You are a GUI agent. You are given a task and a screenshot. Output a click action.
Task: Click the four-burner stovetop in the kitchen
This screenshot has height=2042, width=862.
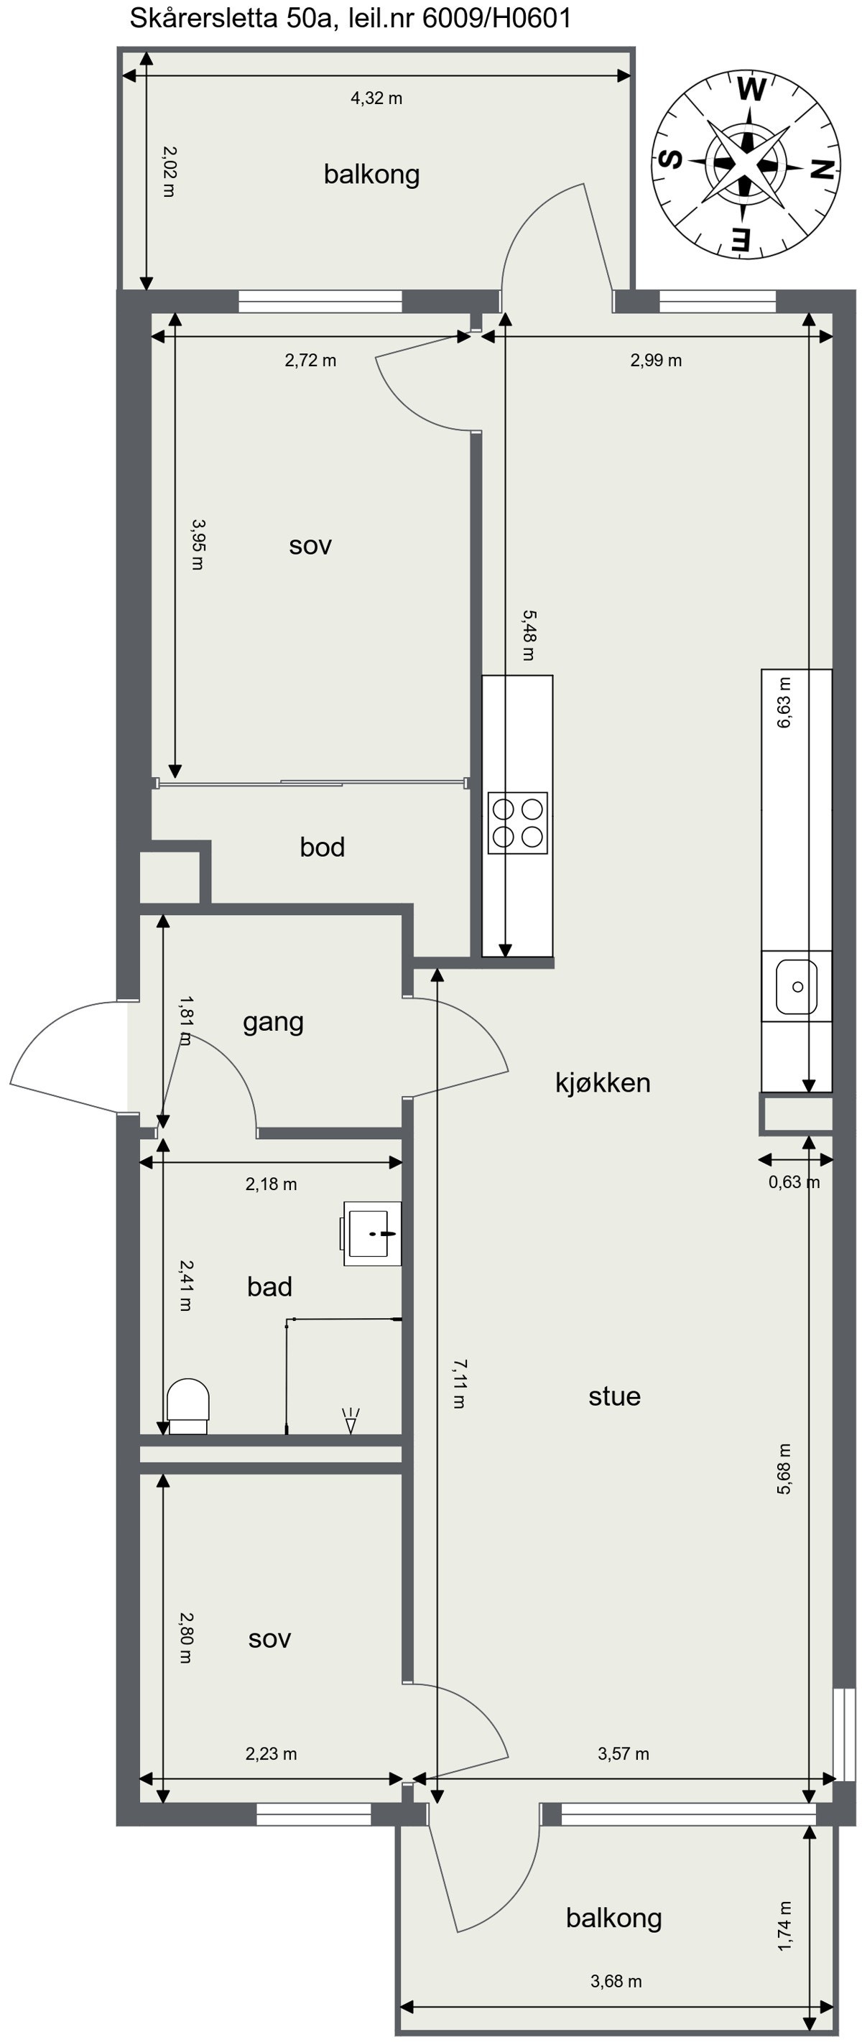(x=517, y=823)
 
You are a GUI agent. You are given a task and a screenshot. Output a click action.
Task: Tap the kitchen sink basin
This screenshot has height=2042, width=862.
(x=796, y=986)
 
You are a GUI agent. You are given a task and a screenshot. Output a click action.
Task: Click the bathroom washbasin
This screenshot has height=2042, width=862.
(x=373, y=1233)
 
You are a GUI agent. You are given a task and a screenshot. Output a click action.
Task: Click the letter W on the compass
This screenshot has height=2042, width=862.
(x=750, y=90)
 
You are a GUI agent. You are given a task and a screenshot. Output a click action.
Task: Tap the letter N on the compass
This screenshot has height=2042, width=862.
(x=822, y=170)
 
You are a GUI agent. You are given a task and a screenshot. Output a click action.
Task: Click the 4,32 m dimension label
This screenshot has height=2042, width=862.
(x=376, y=98)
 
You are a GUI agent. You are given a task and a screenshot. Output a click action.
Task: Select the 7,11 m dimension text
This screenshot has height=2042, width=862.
(x=459, y=1383)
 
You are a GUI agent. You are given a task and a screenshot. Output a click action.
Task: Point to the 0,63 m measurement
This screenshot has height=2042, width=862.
(x=794, y=1182)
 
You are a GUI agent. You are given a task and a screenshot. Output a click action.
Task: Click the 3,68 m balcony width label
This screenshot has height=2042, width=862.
(x=616, y=1981)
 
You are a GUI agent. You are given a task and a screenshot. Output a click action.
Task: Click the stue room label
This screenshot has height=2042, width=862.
(x=613, y=1396)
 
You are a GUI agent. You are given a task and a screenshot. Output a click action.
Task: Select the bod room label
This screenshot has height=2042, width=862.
(x=322, y=847)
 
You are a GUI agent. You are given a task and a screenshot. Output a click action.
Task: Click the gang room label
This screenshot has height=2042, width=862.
(x=273, y=1021)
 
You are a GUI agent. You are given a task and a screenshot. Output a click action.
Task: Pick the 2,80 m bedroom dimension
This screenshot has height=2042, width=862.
(x=185, y=1637)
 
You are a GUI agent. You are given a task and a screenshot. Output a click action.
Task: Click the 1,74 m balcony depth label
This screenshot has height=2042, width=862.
(x=784, y=1926)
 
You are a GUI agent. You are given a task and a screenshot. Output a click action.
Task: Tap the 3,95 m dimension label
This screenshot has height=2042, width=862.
(x=198, y=544)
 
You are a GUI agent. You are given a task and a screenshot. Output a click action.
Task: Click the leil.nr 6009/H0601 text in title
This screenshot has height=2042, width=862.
(x=460, y=18)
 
